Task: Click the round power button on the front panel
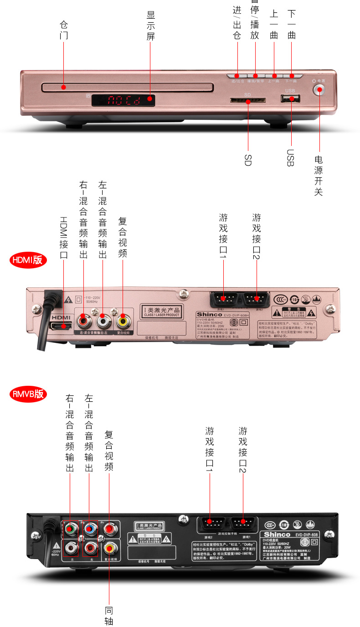pyautogui.click(x=320, y=89)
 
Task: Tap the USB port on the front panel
pyautogui.click(x=290, y=98)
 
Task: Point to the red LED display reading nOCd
pyautogui.click(x=123, y=100)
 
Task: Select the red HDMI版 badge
pyautogui.click(x=28, y=260)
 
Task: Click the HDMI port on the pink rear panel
pyautogui.click(x=61, y=326)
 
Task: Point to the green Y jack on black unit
pyautogui.click(x=70, y=529)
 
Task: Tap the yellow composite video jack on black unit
pyautogui.click(x=109, y=547)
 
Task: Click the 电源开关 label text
pyautogui.click(x=319, y=176)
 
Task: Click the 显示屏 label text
pyautogui.click(x=151, y=26)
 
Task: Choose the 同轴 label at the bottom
pyautogui.click(x=109, y=616)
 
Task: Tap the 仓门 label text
pyautogui.click(x=64, y=30)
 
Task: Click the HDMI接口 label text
pyautogui.click(x=64, y=238)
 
